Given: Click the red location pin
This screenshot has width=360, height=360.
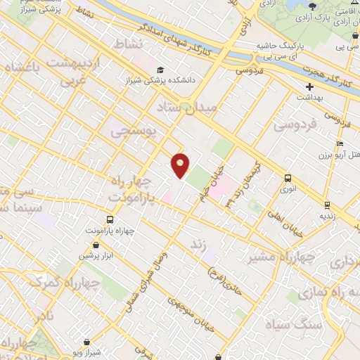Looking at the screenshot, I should pos(180,165).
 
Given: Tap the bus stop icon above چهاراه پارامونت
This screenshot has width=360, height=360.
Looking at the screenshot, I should pos(113,219).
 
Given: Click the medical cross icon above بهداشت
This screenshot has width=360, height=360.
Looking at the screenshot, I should pos(309,86).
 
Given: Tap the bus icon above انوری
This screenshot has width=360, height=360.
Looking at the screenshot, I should pos(287,179).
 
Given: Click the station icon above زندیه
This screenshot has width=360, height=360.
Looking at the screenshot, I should pos(326,205).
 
